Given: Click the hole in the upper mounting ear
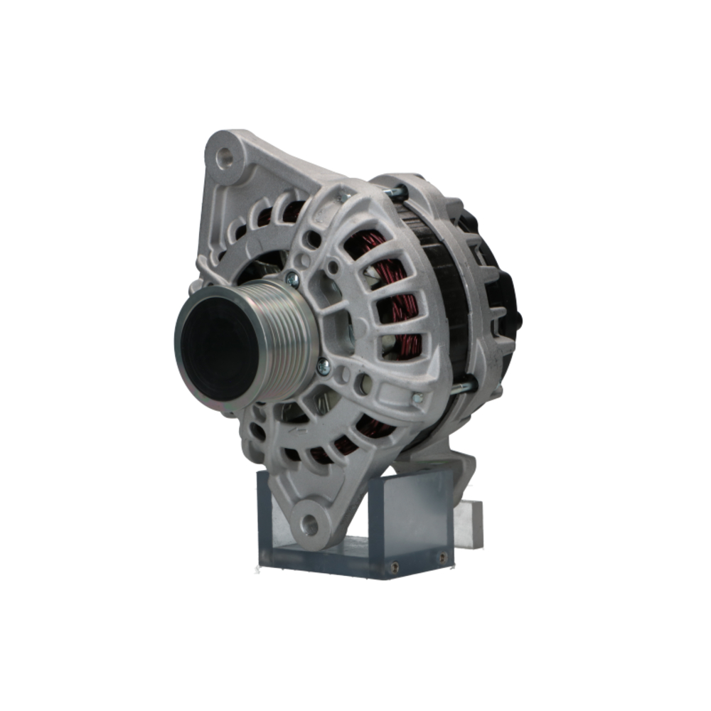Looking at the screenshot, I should [225, 157].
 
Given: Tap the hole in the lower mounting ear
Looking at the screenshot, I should [309, 525].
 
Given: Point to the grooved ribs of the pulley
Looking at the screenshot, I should [284, 341].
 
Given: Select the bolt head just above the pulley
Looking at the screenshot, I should [292, 279].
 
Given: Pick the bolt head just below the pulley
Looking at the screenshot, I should [323, 366].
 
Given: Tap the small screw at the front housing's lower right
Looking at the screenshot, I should [417, 399].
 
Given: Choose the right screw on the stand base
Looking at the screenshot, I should [442, 559].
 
